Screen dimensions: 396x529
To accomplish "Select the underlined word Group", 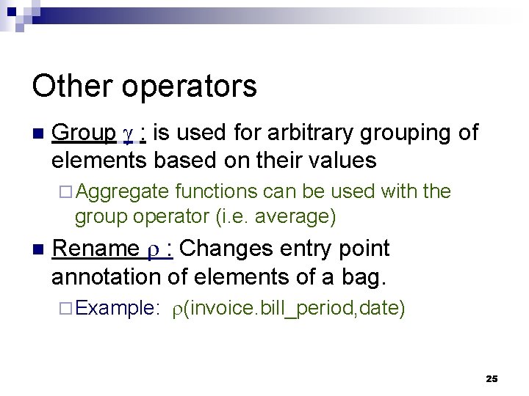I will coord(84,133).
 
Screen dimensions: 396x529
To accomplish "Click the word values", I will coord(341,160).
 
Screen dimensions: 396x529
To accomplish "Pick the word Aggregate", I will coord(122,192).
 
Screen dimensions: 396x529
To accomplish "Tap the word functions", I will coord(217,191).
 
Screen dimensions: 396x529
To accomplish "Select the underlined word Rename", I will coord(95,249).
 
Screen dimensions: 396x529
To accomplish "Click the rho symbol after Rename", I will coord(154,251).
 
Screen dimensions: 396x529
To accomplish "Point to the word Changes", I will coord(226,249).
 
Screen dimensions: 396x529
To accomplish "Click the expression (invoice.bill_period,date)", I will coord(294,309).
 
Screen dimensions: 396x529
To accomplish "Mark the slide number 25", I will coord(492,378).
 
